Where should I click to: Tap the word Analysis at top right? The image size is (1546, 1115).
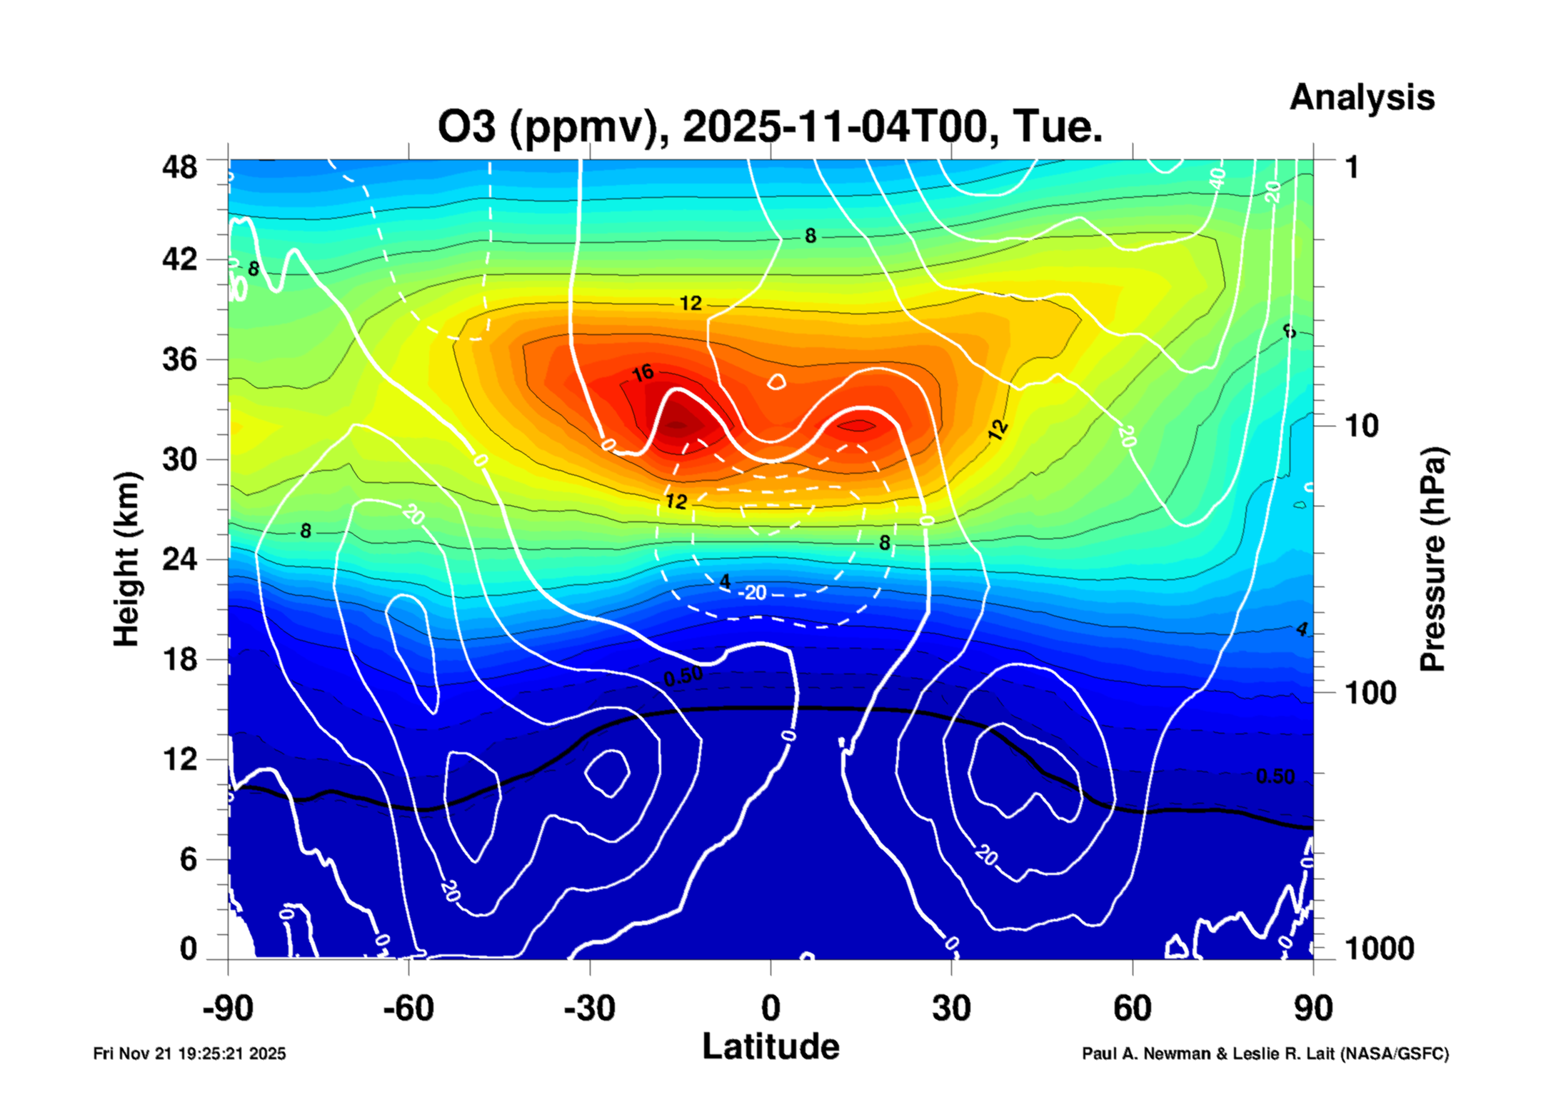[x=1361, y=98]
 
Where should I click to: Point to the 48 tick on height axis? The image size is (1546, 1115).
[x=179, y=168]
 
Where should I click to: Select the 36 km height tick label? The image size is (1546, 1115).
[x=179, y=359]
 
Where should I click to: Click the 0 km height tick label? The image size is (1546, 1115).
[x=188, y=949]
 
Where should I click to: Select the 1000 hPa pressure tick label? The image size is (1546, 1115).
[x=1379, y=949]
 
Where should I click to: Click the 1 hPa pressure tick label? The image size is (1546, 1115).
[x=1351, y=168]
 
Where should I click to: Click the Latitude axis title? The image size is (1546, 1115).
[x=771, y=1047]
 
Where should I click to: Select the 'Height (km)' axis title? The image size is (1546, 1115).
[x=126, y=560]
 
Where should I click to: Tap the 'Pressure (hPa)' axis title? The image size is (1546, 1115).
[x=1432, y=560]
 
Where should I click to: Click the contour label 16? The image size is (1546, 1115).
[x=643, y=373]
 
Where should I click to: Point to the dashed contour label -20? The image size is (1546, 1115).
[x=753, y=593]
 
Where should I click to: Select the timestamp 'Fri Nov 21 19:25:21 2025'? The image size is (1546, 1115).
[x=189, y=1054]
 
